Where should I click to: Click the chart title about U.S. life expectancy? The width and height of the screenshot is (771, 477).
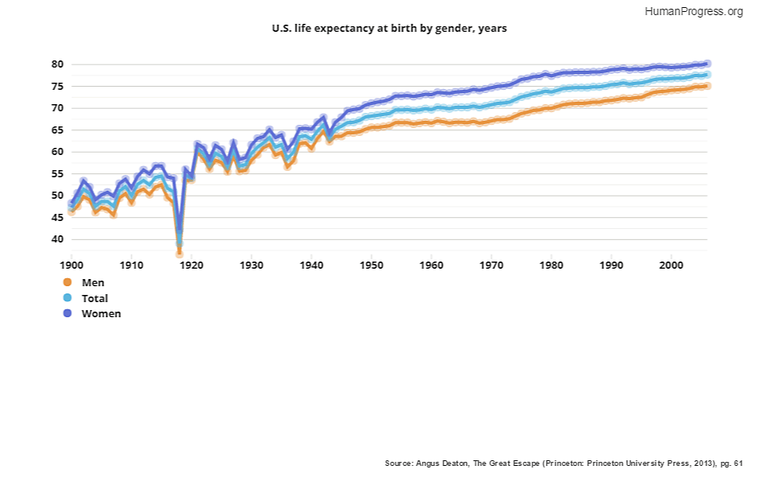389,28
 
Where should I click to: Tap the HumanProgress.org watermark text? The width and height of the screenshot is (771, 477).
694,11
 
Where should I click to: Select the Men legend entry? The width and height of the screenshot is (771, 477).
92,282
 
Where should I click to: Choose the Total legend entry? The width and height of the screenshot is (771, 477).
95,298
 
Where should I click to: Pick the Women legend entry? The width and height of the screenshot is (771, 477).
101,313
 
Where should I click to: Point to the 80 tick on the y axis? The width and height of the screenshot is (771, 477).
57,64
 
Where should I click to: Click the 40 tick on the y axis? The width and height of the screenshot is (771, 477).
57,239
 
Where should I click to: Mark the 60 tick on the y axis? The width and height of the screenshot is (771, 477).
57,152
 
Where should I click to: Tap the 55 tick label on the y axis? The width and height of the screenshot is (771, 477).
57,173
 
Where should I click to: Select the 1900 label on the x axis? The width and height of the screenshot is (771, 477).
72,264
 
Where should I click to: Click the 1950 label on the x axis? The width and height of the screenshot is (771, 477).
371,264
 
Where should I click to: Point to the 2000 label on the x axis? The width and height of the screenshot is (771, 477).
672,264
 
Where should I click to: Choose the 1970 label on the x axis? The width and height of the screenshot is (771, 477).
491,264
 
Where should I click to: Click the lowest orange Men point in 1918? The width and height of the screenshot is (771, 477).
180,253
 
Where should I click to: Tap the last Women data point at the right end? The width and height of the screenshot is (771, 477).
707,63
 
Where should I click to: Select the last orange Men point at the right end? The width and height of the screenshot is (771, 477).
707,85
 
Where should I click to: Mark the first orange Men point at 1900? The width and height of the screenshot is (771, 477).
72,211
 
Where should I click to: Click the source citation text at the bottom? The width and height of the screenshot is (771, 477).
563,462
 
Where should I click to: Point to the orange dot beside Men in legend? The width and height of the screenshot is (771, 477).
67,282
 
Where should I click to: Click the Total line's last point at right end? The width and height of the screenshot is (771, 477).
707,74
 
